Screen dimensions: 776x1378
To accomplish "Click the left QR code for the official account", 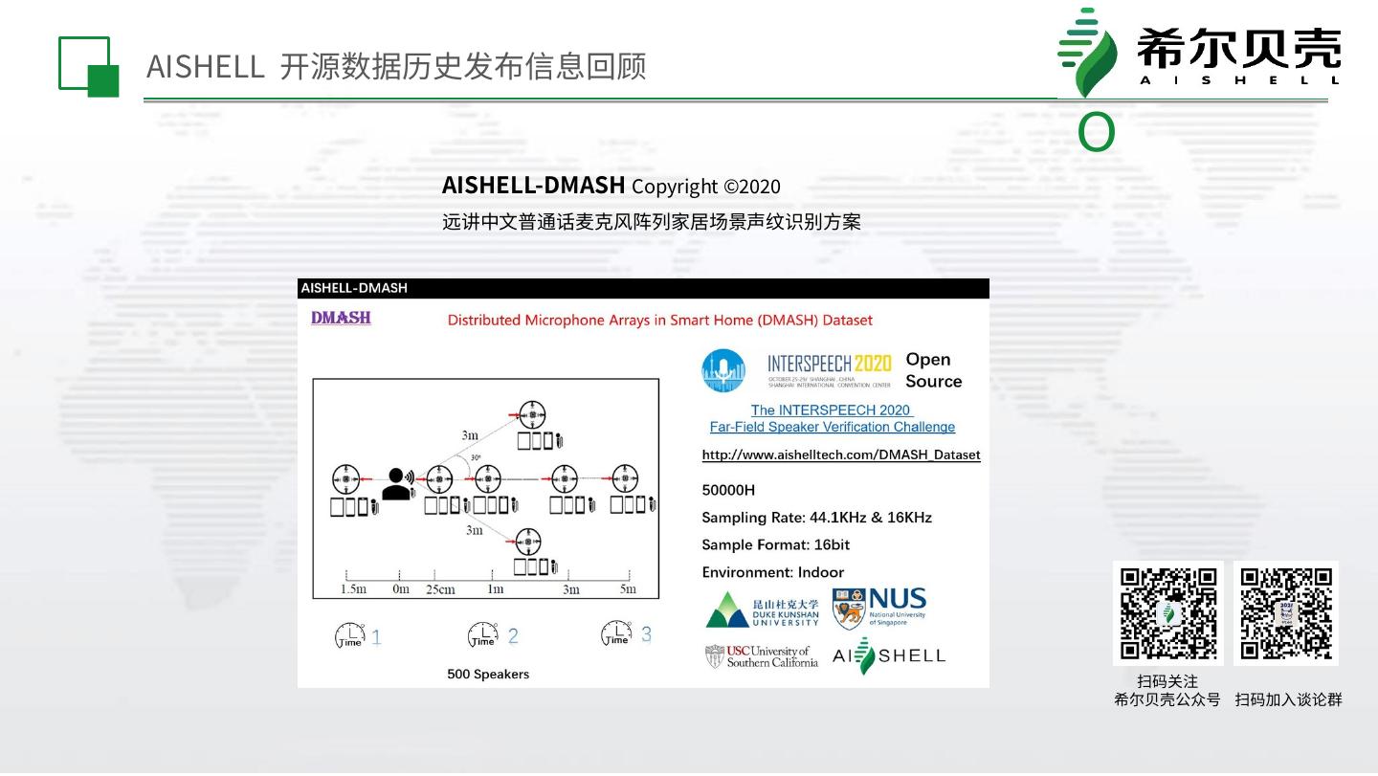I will pos(1168,613).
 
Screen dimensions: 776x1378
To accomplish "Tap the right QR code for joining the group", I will pos(1286,613).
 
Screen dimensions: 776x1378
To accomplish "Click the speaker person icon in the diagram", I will pos(396,483).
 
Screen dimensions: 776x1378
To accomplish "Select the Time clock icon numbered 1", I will pos(350,635).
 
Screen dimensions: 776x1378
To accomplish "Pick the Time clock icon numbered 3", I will pos(616,633).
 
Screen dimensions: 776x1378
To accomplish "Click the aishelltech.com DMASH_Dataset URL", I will pos(841,455).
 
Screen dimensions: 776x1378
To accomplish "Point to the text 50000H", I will pos(728,490).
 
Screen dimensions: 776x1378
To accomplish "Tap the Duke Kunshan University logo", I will pos(763,610).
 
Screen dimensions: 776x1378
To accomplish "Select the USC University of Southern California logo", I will pos(762,656).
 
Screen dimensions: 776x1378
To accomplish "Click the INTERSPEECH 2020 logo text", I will pos(829,367).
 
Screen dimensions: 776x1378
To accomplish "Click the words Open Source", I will pos(933,370).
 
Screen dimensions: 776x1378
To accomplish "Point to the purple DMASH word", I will pos(341,318).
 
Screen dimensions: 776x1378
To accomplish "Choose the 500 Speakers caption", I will pos(488,675).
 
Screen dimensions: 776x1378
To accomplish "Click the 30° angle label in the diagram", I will pos(475,458).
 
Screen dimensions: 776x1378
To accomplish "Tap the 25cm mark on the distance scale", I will pos(440,589).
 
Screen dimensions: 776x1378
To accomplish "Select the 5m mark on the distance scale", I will pos(628,589).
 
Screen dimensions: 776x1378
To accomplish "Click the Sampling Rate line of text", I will pos(816,518).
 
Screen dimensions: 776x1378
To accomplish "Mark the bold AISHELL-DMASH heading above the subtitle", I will pos(533,185).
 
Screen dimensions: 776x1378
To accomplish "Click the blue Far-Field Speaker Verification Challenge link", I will pos(832,427).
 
